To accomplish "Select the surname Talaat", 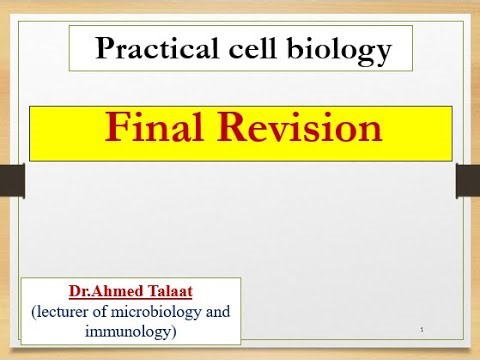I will click(161, 292).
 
